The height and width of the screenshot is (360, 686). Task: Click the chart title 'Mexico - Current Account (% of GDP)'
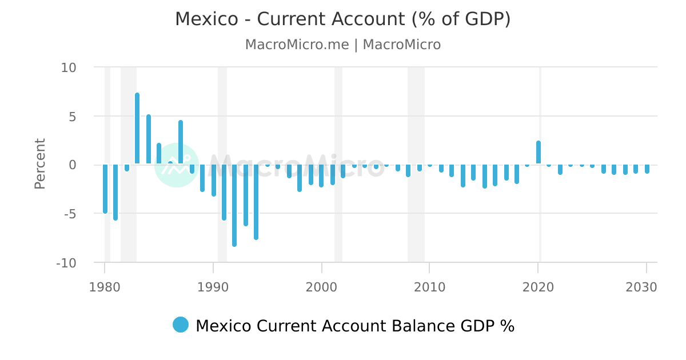(342, 19)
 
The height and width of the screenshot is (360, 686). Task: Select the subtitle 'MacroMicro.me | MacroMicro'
(342, 45)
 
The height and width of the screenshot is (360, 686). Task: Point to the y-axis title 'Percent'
(39, 163)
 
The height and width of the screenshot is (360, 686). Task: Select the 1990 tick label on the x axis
(213, 287)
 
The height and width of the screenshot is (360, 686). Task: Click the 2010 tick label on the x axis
(430, 287)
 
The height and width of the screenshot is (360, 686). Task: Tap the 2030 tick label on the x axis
(646, 287)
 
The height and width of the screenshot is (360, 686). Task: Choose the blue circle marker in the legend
(181, 325)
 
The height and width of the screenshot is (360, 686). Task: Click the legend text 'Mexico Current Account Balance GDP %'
(354, 326)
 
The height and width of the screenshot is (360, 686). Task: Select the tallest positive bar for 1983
(137, 129)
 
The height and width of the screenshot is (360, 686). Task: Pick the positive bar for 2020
(539, 153)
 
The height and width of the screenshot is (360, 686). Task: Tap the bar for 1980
(105, 189)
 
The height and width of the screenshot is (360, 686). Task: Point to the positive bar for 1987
(181, 143)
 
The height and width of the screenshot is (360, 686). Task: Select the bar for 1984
(149, 140)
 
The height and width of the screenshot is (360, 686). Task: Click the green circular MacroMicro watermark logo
(177, 165)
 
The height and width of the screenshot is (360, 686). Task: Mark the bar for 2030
(647, 169)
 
